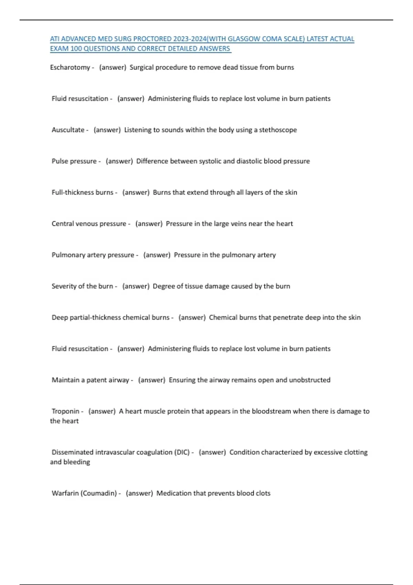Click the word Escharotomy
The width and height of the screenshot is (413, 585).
pos(70,67)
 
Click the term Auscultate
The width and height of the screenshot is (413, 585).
pos(68,130)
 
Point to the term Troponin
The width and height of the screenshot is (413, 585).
pos(65,411)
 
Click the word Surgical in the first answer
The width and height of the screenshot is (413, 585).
pos(141,67)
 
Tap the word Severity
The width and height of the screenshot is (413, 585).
pos(64,286)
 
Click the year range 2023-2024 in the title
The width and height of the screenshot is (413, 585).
pos(188,39)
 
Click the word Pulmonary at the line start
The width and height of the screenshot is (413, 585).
pos(67,255)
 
